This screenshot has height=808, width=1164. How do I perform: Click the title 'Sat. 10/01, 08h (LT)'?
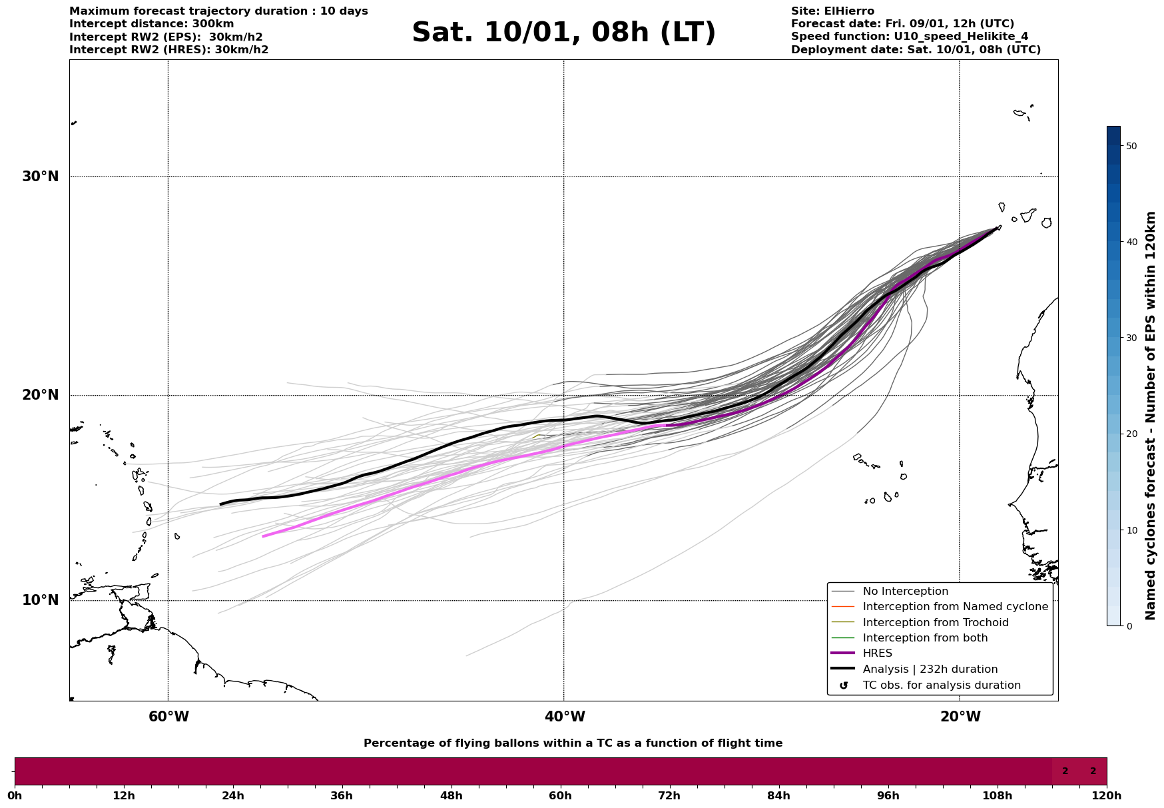pos(563,33)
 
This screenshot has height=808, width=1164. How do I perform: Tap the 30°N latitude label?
pos(41,177)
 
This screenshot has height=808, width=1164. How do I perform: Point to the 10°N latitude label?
pos(41,600)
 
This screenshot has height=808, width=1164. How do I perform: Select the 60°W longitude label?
pos(168,717)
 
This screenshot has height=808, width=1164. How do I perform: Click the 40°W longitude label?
pos(565,717)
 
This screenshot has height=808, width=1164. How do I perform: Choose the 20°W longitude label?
pos(960,717)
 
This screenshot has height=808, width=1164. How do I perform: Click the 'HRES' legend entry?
pos(877,653)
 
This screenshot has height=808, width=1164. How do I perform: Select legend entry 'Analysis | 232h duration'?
pos(930,669)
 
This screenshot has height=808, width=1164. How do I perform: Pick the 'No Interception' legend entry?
pos(905,592)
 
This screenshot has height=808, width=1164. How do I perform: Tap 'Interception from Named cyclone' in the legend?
pos(955,607)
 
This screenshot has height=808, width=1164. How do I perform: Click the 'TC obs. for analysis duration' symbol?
pos(844,685)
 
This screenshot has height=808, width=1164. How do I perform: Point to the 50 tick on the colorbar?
pos(1131,146)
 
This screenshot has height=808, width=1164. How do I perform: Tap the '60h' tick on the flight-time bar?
pos(560,795)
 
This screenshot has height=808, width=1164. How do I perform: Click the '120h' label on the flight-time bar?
pos(1107,795)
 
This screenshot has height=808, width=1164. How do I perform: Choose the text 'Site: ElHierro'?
pos(832,11)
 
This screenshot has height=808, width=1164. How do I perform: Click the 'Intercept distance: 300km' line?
pos(151,24)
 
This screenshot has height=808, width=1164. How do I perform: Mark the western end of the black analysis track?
pos(221,504)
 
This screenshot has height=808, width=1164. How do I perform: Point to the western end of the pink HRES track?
pos(263,536)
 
